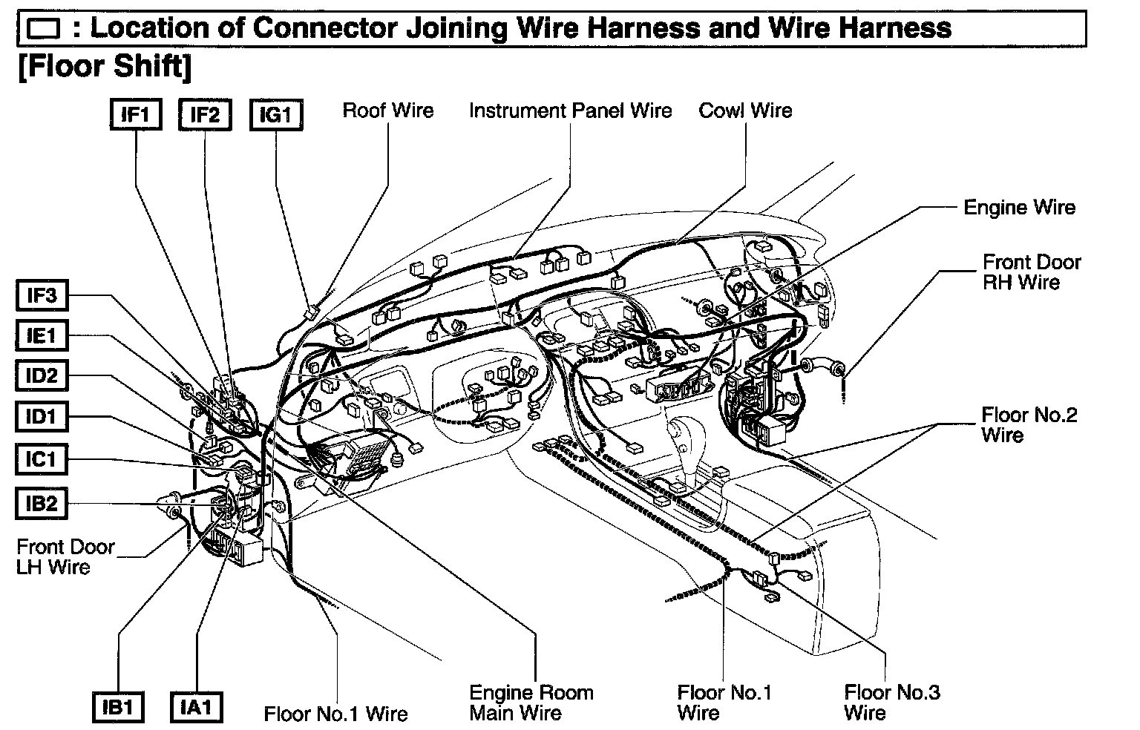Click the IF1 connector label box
pyautogui.click(x=136, y=115)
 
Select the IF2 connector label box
pyautogui.click(x=205, y=115)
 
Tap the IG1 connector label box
pyautogui.click(x=276, y=115)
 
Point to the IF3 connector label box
pyautogui.click(x=42, y=296)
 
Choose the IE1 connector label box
pyautogui.click(x=42, y=336)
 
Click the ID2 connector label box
pyautogui.click(x=42, y=375)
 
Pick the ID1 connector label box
pyautogui.click(x=42, y=416)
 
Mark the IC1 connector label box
pyautogui.click(x=42, y=460)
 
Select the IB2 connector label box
pyautogui.click(x=42, y=504)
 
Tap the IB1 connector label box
pyautogui.click(x=118, y=707)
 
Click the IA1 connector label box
pyautogui.click(x=196, y=706)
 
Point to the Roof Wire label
pyautogui.click(x=387, y=111)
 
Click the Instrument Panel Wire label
pyautogui.click(x=570, y=111)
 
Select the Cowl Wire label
pyautogui.click(x=745, y=111)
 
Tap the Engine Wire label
pyautogui.click(x=1019, y=208)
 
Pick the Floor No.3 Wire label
pyautogui.click(x=892, y=703)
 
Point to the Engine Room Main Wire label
pyautogui.click(x=531, y=703)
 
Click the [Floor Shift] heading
pyautogui.click(x=103, y=66)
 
